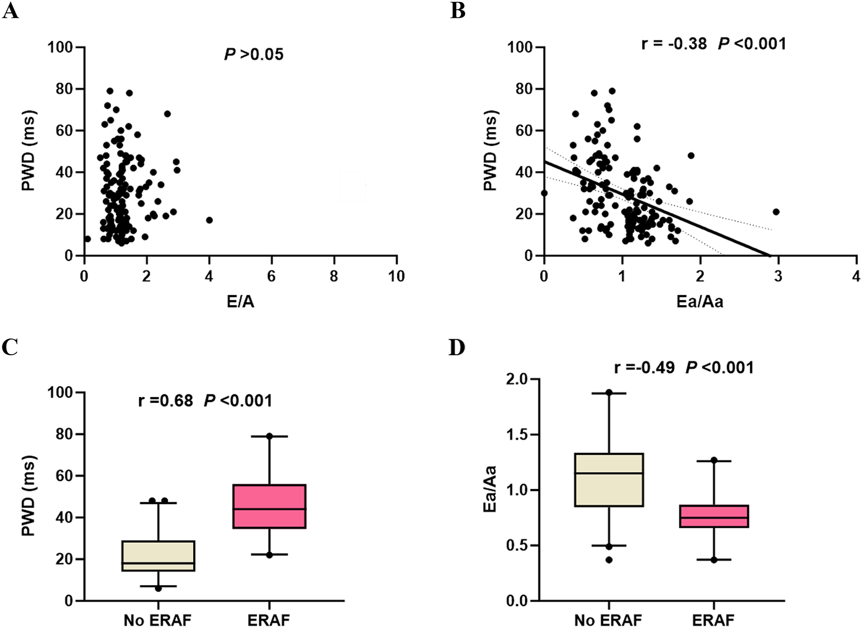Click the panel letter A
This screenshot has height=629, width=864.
pos(10,10)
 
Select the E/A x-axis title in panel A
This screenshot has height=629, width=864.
pos(240,302)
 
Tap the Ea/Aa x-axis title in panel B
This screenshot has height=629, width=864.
pos(700,302)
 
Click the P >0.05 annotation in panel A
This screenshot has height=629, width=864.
pos(254,54)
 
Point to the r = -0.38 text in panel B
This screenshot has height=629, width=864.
pos(674,44)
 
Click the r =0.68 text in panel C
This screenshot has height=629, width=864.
pos(166,400)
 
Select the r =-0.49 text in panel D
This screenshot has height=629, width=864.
pos(644,368)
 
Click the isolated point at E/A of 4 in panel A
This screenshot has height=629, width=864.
pos(209,220)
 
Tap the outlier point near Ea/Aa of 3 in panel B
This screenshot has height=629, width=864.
pos(776,212)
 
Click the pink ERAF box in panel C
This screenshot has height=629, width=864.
pos(269,506)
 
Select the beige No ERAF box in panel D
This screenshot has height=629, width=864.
pos(609,479)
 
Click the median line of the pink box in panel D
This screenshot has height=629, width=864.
pos(714,518)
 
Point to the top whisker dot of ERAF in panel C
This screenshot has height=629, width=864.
pos(269,436)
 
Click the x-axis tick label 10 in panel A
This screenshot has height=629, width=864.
pos(396,277)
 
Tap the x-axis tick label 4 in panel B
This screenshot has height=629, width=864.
pos(856,277)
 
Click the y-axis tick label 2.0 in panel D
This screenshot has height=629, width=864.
pos(518,379)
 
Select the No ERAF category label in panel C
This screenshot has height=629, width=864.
pos(157,620)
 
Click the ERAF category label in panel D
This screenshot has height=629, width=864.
pos(713,620)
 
